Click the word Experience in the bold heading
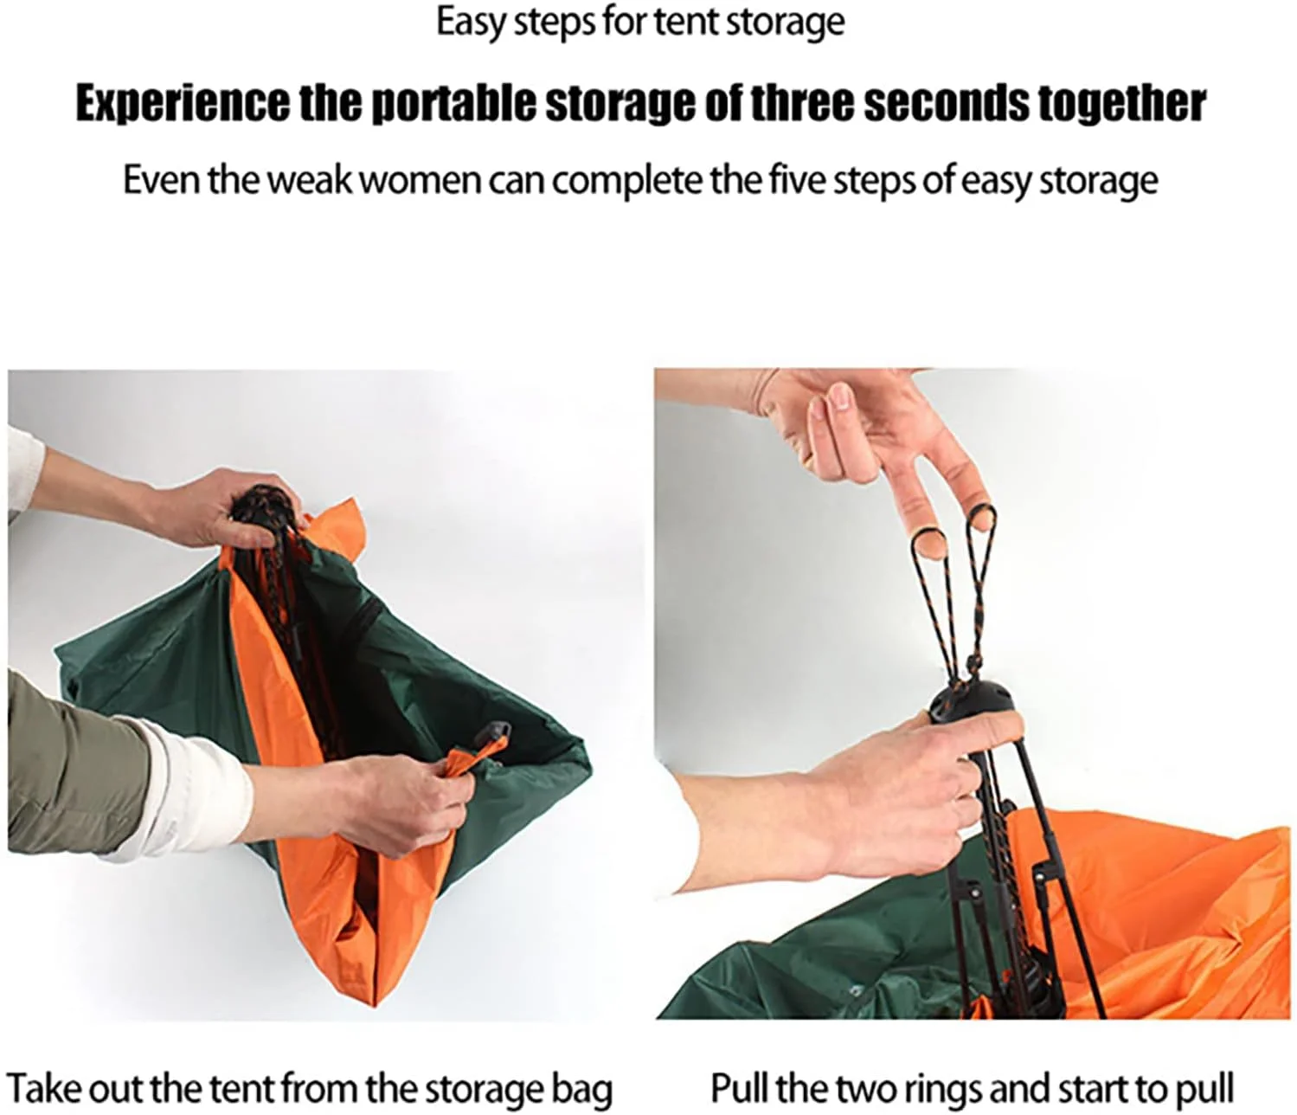pyautogui.click(x=183, y=104)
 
